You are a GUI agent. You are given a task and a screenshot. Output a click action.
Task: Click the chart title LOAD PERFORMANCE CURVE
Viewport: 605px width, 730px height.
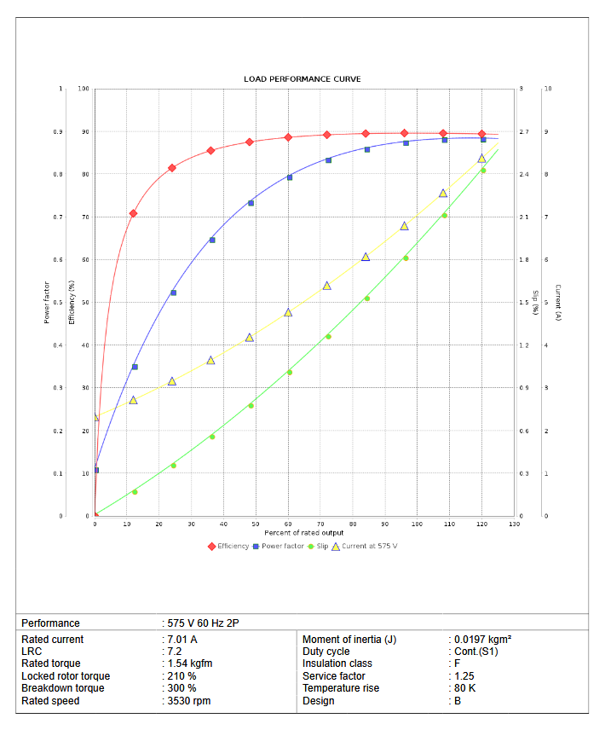point(302,79)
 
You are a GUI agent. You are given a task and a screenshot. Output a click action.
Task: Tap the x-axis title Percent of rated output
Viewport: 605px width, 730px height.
point(304,532)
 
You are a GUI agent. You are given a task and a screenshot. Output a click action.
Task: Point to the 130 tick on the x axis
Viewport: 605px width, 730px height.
point(514,524)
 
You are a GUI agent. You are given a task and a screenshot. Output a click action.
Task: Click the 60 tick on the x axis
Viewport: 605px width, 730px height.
point(288,524)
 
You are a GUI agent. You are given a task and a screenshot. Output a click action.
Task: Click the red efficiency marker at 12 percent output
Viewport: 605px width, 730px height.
point(133,213)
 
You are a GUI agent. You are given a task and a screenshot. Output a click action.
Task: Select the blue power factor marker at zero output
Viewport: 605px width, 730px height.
point(95,470)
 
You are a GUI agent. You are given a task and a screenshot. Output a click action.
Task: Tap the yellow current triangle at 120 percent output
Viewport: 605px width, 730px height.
point(482,159)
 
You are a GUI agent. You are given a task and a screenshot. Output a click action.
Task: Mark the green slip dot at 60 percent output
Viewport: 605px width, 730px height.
point(289,372)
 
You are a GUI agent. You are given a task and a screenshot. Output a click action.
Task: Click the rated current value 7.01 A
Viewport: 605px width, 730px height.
point(182,640)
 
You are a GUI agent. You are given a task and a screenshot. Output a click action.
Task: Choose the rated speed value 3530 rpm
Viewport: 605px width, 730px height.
point(189,701)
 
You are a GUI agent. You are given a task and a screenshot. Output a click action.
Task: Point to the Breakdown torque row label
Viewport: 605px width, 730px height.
point(63,688)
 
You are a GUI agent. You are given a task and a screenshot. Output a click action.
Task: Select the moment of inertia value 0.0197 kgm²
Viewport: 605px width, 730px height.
point(481,640)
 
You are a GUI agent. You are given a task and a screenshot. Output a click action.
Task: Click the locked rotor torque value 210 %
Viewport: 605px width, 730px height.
point(182,676)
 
